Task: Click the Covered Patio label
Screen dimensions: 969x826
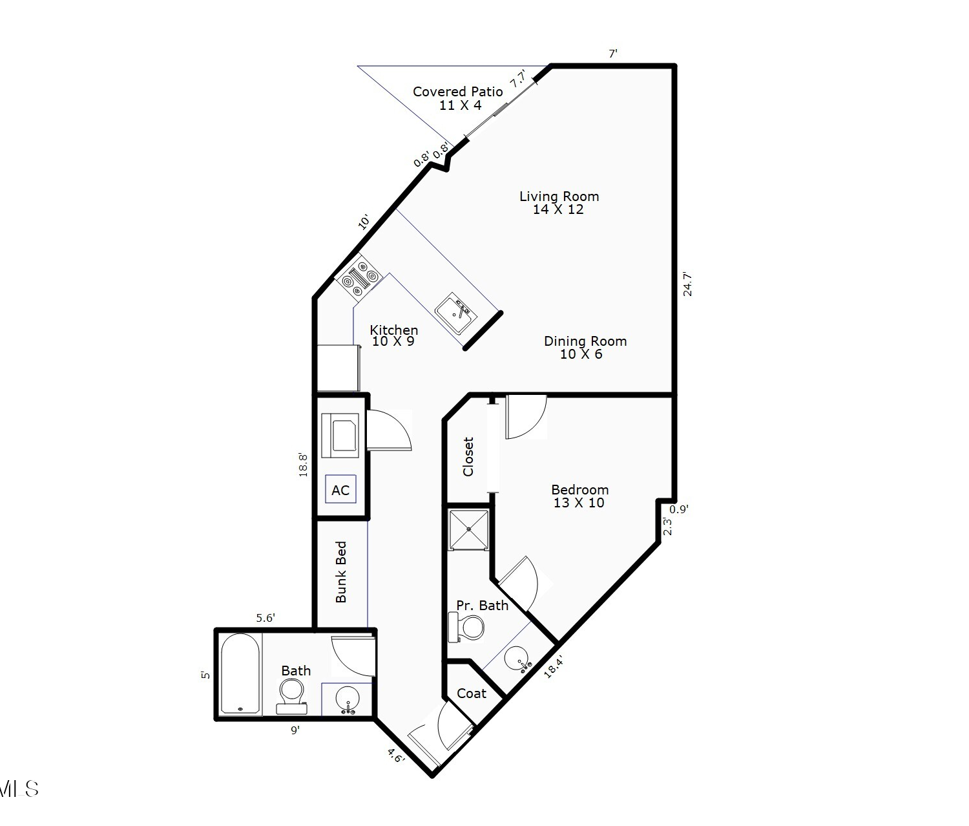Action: tap(458, 98)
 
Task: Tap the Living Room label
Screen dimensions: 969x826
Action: tap(559, 203)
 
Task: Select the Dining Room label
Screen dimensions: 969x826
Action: tap(585, 348)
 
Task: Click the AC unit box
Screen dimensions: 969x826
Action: tap(341, 489)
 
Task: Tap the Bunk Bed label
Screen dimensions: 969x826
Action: tap(341, 572)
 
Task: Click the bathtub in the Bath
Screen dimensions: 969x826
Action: tap(240, 674)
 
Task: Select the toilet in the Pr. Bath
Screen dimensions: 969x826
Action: tap(466, 628)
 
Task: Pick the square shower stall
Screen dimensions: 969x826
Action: tap(469, 529)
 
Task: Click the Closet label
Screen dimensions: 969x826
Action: tap(468, 457)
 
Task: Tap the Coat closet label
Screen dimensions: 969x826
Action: tap(472, 694)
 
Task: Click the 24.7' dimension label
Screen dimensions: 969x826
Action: tap(687, 284)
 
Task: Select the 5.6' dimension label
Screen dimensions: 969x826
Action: tap(266, 619)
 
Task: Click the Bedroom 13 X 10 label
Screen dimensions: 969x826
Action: tap(580, 496)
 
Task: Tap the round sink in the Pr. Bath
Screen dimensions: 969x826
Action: tap(517, 659)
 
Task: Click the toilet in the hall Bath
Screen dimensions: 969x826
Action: tap(291, 697)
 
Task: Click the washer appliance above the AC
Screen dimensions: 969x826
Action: tap(340, 435)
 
